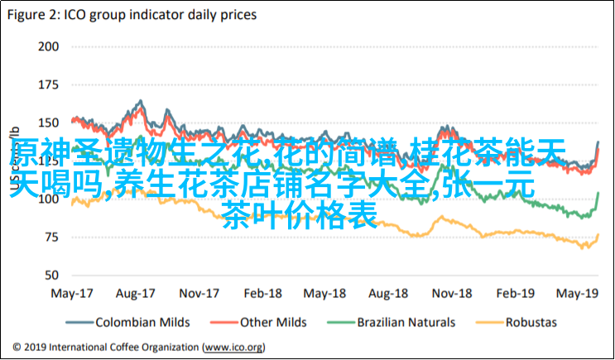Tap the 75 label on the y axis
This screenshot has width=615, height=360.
coord(52,237)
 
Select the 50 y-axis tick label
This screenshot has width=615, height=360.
coord(52,275)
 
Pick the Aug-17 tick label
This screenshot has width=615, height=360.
coord(136,293)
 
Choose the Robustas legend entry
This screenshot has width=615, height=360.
coord(531,322)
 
